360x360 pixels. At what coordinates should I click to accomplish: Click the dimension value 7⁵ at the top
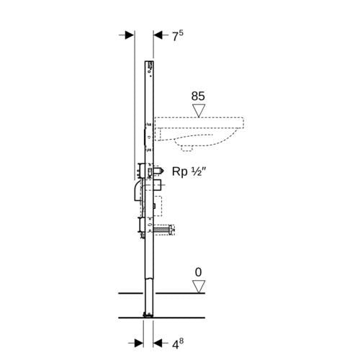click(x=178, y=35)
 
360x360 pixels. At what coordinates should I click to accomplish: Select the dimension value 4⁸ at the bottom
click(x=178, y=343)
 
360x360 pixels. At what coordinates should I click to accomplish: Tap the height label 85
click(x=198, y=96)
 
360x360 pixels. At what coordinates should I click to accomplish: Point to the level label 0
click(x=198, y=272)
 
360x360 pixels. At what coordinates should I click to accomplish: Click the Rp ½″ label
click(x=189, y=171)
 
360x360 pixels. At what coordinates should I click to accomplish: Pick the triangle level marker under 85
click(x=199, y=111)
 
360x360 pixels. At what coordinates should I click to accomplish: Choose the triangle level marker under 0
click(x=199, y=287)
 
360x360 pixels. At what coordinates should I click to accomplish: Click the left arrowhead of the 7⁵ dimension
click(x=129, y=35)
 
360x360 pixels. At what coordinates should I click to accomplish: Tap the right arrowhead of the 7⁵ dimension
click(x=158, y=35)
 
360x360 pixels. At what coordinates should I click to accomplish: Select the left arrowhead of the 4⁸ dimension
click(x=139, y=343)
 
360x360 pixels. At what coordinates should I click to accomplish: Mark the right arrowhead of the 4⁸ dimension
click(x=158, y=343)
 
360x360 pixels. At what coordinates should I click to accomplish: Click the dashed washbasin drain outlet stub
click(x=187, y=149)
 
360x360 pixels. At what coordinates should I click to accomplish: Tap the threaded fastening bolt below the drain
click(x=164, y=230)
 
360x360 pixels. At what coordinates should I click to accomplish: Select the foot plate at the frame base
click(x=148, y=315)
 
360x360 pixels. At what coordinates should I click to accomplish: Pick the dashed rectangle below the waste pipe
click(x=157, y=206)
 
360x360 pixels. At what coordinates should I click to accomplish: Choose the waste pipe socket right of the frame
click(x=158, y=185)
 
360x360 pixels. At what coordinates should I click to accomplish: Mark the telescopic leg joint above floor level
click(x=149, y=279)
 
